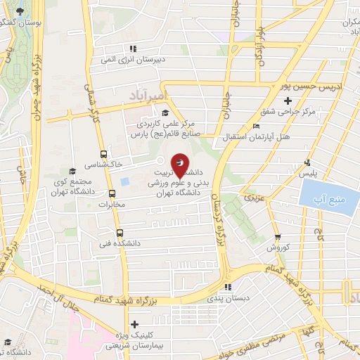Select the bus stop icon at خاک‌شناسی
[104, 155]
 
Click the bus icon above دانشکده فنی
[119, 232]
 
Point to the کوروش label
[278, 248]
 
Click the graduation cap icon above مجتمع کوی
[72, 172]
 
